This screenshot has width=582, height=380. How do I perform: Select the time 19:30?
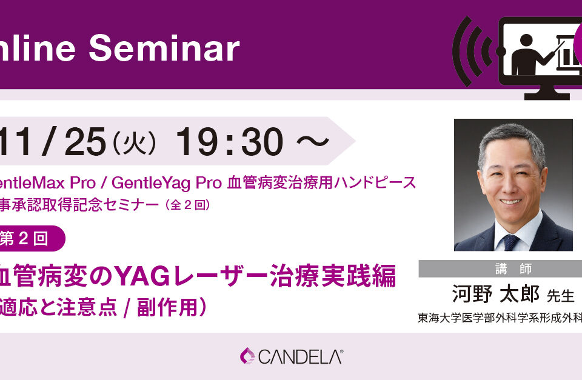[229, 143]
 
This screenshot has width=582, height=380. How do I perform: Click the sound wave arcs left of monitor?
[469, 52]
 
